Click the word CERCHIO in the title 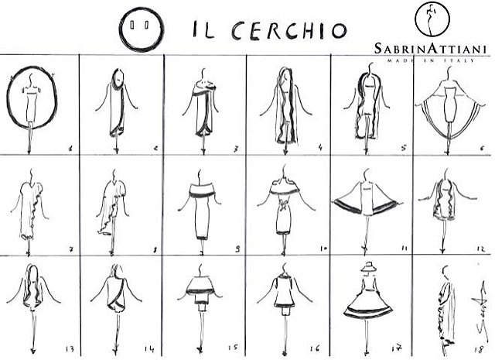click(x=289, y=30)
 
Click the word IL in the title click(x=203, y=29)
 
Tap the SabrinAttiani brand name click(x=431, y=49)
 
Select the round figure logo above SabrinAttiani click(x=432, y=19)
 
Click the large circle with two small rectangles click(x=141, y=29)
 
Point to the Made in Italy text click(x=431, y=60)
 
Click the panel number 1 click(x=70, y=148)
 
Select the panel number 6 click(x=482, y=148)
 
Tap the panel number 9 click(x=237, y=249)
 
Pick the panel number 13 click(x=70, y=349)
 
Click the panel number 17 click(x=397, y=348)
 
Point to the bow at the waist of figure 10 click(x=283, y=204)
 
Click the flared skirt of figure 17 click(x=368, y=302)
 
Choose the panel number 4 click(x=320, y=147)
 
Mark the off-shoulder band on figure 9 click(x=202, y=191)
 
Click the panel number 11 click(x=405, y=249)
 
